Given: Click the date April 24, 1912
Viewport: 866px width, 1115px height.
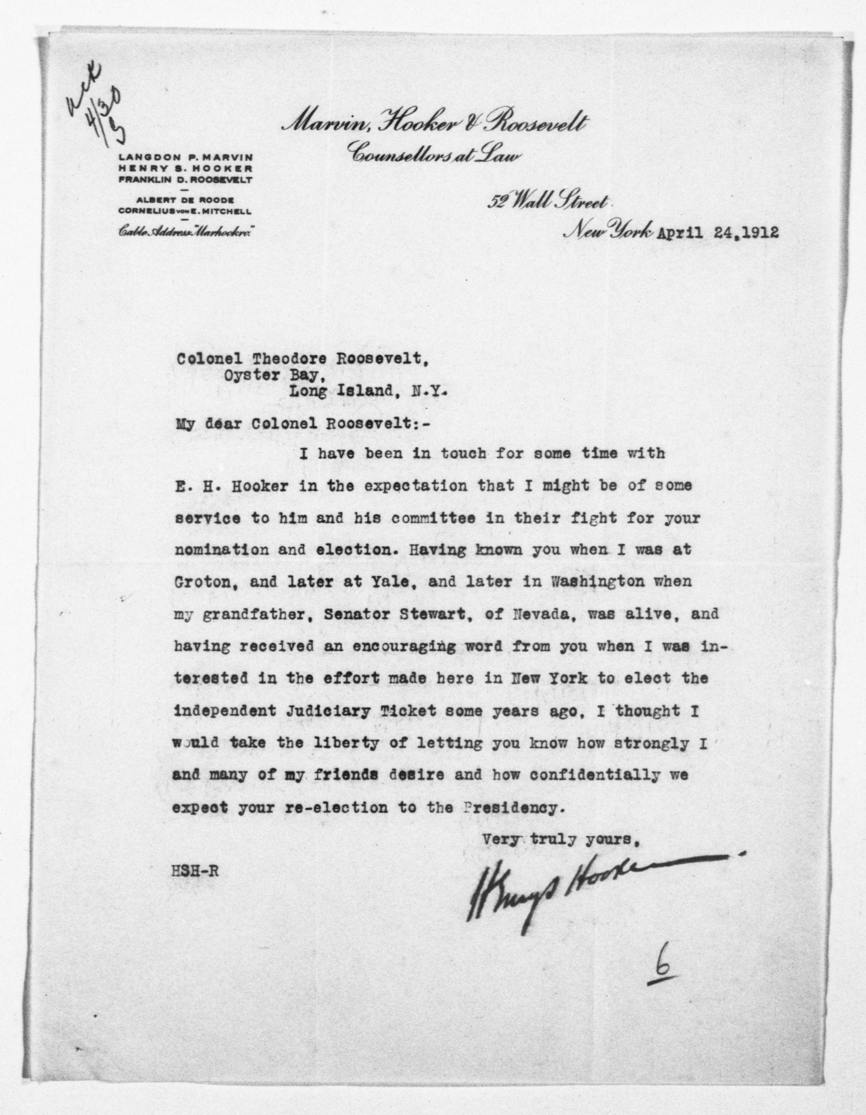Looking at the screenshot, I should [x=717, y=233].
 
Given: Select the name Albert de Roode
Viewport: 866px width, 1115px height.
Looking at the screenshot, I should [x=185, y=200].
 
